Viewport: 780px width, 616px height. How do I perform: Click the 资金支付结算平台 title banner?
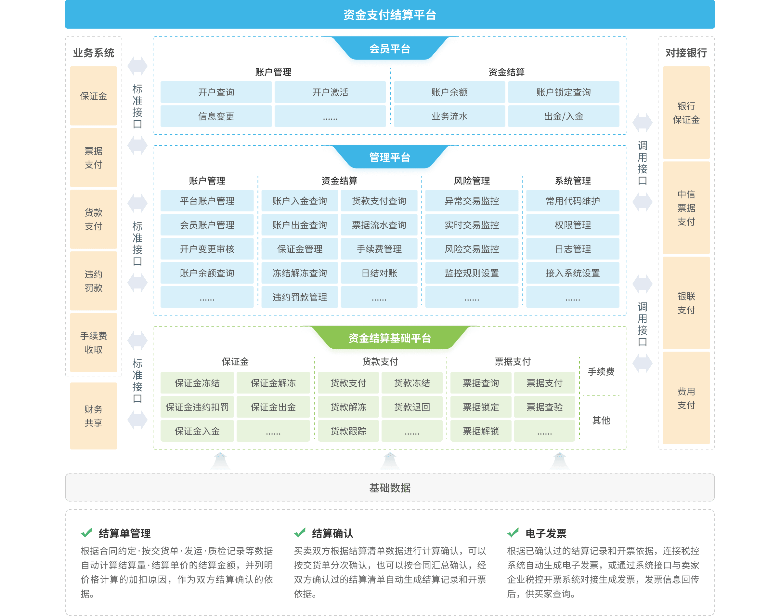(x=390, y=14)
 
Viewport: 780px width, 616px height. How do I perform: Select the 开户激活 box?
(x=330, y=92)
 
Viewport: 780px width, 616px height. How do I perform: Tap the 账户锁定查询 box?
(x=563, y=92)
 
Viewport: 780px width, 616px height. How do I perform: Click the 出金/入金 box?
(x=563, y=116)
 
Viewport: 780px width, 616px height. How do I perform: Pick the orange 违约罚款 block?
(x=93, y=281)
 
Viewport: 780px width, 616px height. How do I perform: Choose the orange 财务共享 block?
(x=93, y=416)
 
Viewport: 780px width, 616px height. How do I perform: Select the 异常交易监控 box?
(x=472, y=201)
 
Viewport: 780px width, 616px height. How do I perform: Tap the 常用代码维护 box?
(x=572, y=201)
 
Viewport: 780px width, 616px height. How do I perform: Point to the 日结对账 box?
(x=379, y=273)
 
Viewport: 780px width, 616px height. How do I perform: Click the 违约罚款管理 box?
(x=300, y=297)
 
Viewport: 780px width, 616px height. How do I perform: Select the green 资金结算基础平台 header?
(x=390, y=338)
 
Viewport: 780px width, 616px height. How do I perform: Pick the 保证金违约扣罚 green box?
(x=197, y=407)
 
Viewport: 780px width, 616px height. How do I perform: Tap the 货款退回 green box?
(x=412, y=407)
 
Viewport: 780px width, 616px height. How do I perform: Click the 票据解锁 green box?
(x=480, y=431)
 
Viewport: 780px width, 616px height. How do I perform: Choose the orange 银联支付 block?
(x=686, y=303)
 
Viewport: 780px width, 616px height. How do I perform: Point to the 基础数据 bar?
(x=390, y=488)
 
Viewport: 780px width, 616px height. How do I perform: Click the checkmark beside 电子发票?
(x=513, y=533)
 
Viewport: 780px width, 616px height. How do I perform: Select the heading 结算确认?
(x=332, y=533)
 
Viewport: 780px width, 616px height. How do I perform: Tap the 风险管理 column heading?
(x=472, y=181)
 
